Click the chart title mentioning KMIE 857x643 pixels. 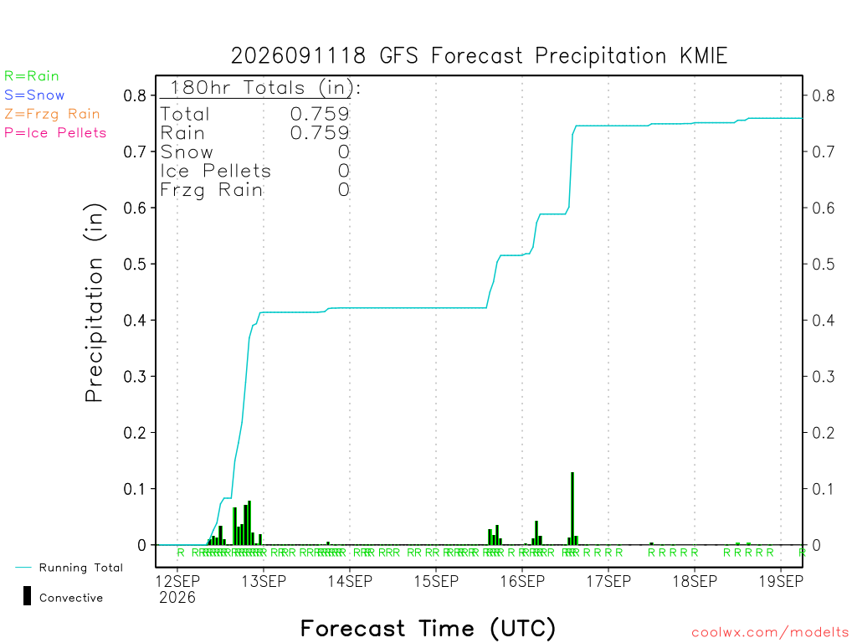[479, 56]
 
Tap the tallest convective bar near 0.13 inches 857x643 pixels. [572, 508]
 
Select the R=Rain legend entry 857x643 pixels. [31, 76]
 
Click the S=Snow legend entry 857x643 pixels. [34, 95]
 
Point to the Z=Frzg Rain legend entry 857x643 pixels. [52, 114]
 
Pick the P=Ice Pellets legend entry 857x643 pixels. [55, 133]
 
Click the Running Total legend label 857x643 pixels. [81, 568]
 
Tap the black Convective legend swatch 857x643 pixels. [27, 596]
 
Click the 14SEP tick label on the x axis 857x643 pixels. [350, 581]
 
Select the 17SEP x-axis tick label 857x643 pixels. [608, 581]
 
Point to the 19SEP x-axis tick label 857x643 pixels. [781, 581]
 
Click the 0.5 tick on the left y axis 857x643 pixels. [135, 264]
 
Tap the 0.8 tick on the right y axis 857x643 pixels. [824, 95]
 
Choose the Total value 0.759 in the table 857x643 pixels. [320, 114]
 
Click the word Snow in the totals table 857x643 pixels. [187, 152]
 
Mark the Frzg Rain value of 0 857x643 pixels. [344, 190]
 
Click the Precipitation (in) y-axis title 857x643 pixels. [94, 302]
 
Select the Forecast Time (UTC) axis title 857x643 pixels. [428, 629]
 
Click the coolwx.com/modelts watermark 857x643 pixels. [770, 633]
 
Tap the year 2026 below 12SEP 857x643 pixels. [177, 598]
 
